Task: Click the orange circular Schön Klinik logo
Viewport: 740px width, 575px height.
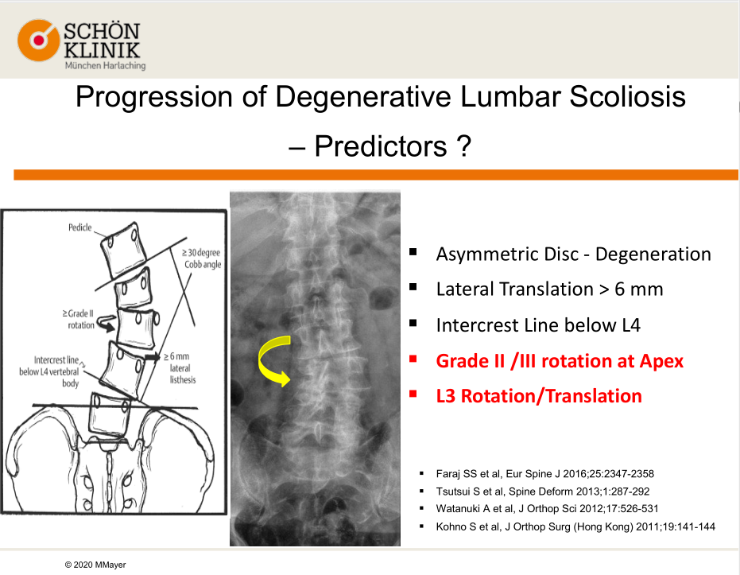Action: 39,40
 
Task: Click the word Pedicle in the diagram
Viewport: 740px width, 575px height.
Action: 79,227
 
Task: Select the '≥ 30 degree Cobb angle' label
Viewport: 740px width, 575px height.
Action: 202,258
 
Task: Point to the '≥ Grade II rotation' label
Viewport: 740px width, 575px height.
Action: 79,319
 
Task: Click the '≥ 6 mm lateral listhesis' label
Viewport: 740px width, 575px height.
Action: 180,367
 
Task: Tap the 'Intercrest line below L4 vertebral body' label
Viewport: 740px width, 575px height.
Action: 49,371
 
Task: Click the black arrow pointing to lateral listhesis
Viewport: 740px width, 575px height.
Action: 153,357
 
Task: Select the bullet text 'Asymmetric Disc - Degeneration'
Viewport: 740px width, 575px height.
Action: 573,254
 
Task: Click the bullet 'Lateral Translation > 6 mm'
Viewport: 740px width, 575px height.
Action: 549,289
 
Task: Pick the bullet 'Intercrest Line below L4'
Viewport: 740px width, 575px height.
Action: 538,324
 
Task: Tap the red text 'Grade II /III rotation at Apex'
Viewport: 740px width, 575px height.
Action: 560,361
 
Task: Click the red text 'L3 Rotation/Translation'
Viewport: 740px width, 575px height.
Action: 539,395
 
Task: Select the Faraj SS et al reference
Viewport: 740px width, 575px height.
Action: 545,473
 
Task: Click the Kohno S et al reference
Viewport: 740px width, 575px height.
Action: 575,526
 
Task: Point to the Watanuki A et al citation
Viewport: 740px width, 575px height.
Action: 547,508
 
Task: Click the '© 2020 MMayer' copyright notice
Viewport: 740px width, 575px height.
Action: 95,565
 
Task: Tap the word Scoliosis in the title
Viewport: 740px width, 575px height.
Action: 628,97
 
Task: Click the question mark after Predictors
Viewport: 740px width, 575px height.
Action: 464,146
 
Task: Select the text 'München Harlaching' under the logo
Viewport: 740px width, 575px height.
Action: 105,66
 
